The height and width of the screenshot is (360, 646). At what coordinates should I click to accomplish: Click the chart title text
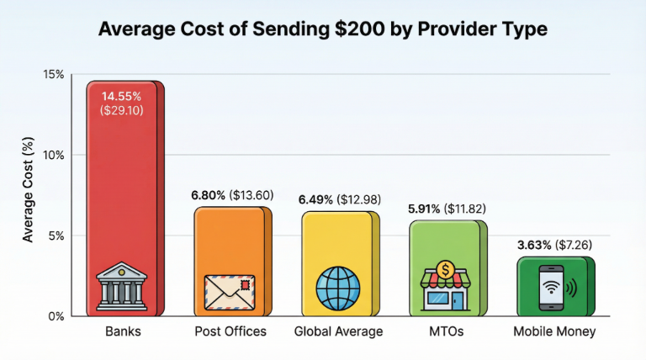323,29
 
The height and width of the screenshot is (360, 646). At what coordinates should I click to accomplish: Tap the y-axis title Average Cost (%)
28,195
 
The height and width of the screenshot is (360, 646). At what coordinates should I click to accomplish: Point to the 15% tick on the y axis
54,75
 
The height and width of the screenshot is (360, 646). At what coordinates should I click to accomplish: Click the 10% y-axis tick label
54,156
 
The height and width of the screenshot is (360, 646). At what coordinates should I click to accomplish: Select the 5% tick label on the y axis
56,236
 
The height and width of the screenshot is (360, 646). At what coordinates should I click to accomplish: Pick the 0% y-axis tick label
56,316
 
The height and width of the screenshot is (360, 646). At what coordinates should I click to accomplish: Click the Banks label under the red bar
124,331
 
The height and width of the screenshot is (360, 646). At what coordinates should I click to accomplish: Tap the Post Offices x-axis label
230,331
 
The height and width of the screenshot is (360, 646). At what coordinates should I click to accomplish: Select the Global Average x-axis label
338,331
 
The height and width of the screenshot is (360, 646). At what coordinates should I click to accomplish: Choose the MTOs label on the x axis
446,331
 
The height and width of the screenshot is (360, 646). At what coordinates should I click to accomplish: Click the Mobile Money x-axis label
554,331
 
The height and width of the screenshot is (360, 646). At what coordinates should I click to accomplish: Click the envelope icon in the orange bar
229,292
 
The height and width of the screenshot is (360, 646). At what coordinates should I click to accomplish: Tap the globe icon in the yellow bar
337,289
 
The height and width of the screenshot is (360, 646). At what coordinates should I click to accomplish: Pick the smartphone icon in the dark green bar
553,289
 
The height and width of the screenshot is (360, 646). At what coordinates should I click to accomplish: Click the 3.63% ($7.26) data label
553,245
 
